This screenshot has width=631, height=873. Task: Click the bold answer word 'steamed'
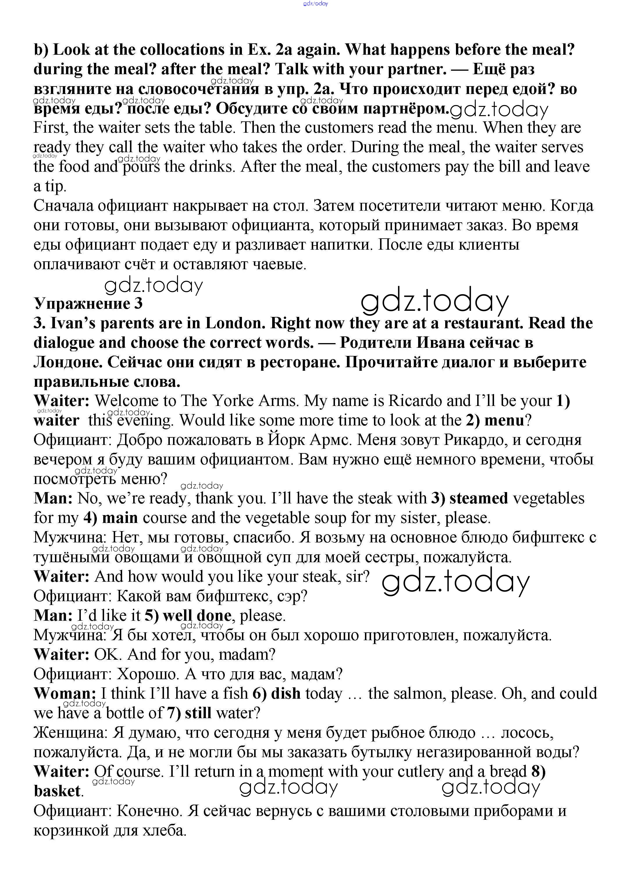click(479, 498)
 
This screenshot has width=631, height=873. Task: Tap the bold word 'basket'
click(57, 791)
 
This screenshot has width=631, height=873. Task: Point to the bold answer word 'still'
click(198, 713)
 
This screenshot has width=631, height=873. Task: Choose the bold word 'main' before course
click(120, 518)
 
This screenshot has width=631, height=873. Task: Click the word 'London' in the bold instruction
click(235, 323)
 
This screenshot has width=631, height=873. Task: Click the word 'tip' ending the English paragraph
click(54, 186)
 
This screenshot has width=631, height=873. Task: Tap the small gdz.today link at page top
click(315, 3)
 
